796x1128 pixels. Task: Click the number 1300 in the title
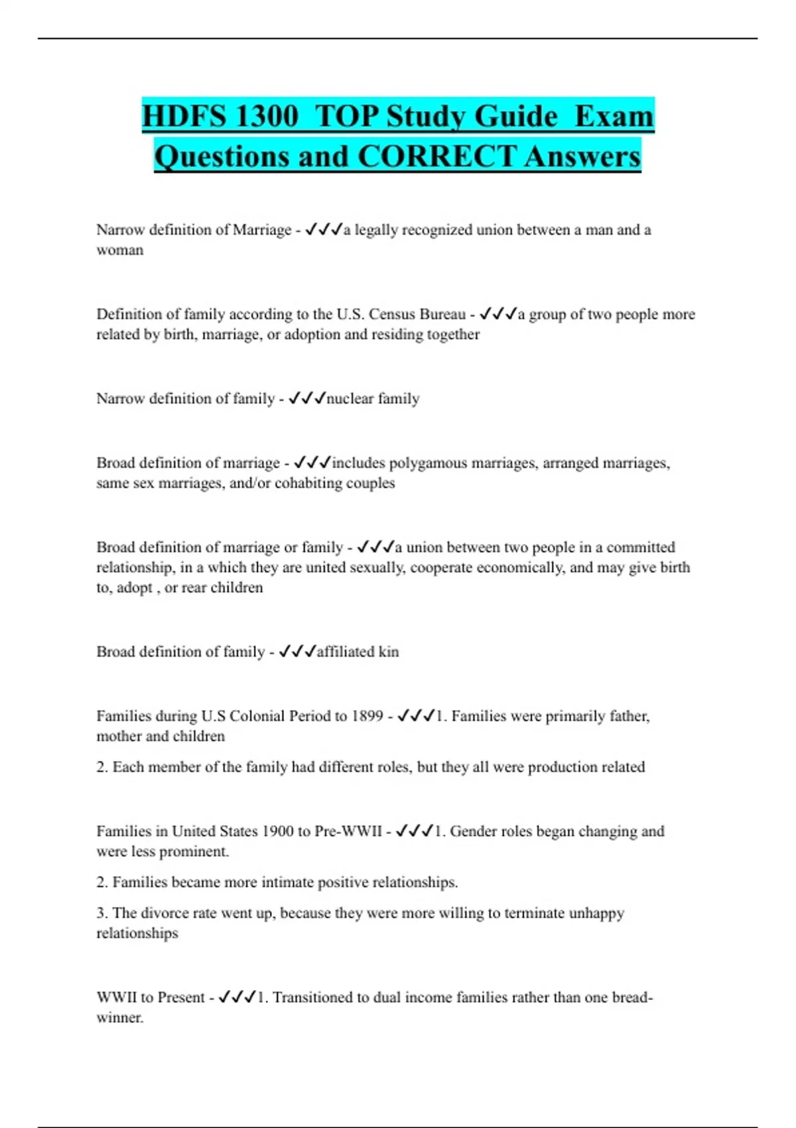[x=266, y=116]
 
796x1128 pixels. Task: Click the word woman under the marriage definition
[x=120, y=250]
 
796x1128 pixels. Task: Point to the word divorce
[x=165, y=913]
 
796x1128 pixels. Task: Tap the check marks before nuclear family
[x=306, y=398]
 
